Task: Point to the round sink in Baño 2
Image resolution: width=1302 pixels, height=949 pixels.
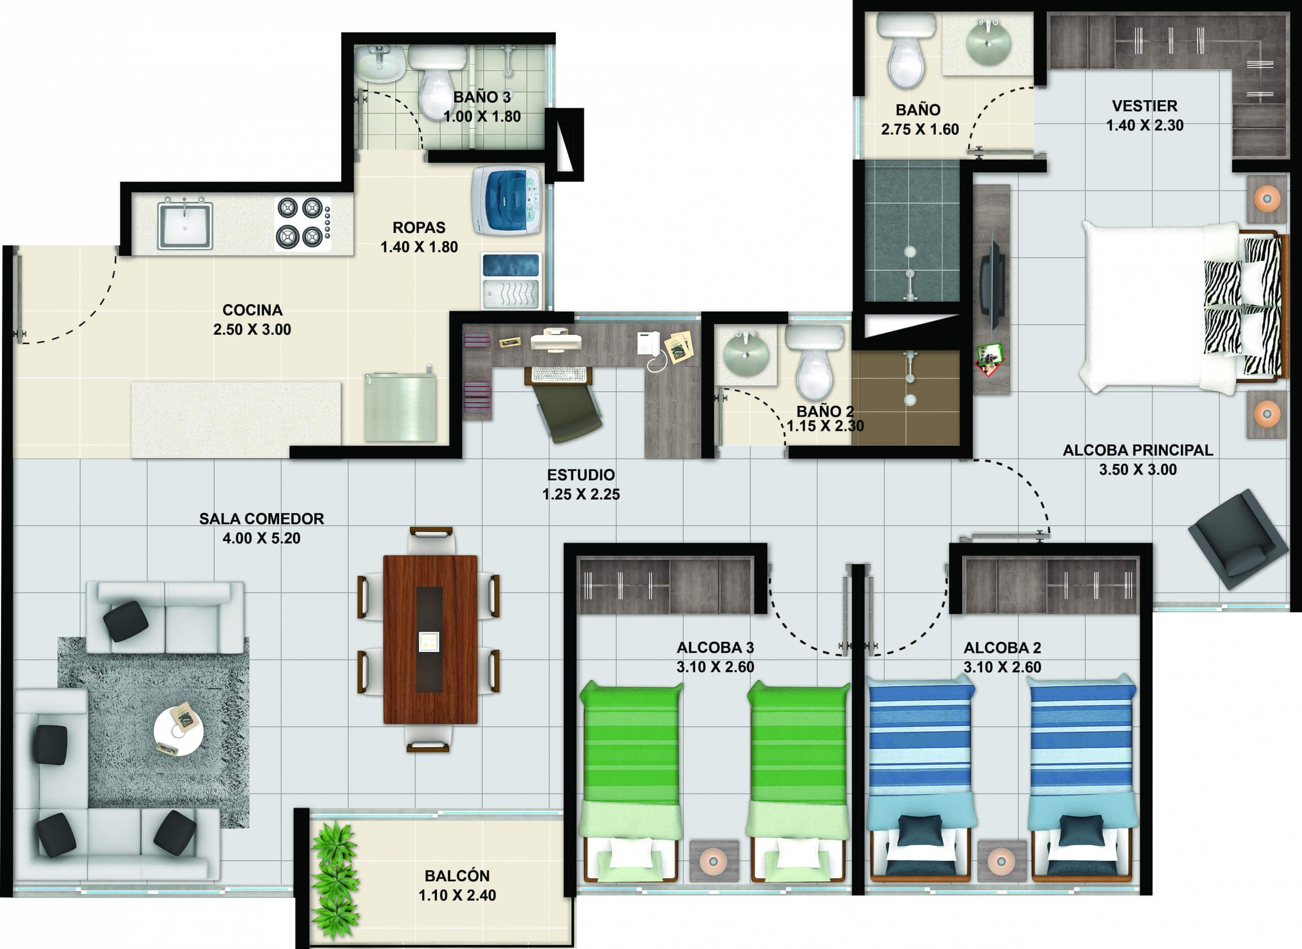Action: point(745,355)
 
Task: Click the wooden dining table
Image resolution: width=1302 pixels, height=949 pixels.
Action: point(430,639)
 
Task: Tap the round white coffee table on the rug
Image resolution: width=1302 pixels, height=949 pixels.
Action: point(179,731)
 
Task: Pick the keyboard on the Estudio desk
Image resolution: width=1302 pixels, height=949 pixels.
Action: point(559,374)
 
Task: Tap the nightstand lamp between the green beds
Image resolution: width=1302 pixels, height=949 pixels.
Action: point(714,861)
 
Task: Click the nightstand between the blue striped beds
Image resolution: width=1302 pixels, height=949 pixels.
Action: point(1001,861)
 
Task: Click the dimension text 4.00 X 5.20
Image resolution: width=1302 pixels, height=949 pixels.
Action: point(261,538)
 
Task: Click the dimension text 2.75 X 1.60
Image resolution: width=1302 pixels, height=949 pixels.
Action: point(920,130)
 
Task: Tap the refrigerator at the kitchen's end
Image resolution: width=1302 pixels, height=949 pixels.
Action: point(400,407)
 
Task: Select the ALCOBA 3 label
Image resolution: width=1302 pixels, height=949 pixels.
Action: point(715,647)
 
